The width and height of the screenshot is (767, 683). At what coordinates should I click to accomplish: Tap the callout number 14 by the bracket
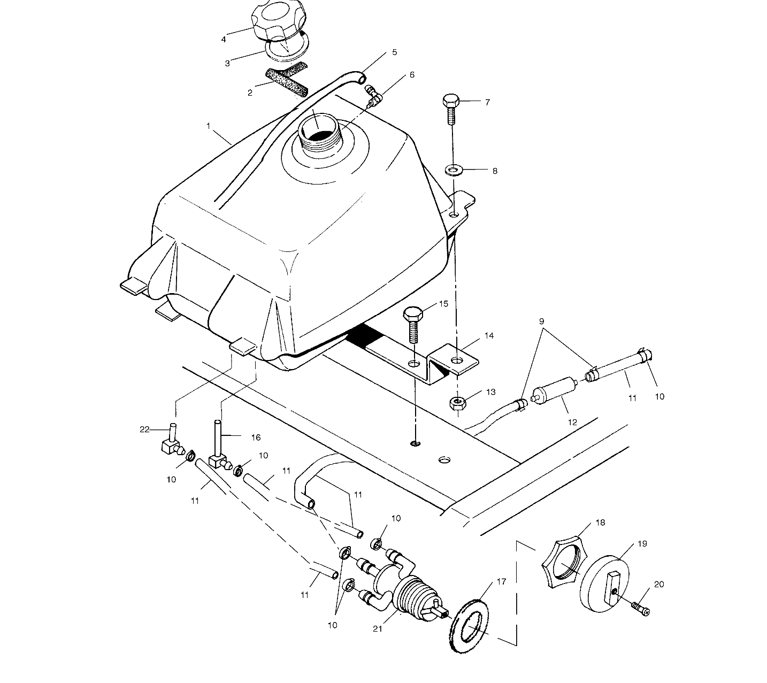click(489, 336)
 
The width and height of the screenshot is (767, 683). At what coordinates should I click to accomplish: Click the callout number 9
click(542, 322)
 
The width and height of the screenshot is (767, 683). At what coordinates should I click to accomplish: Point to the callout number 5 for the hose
click(394, 52)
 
